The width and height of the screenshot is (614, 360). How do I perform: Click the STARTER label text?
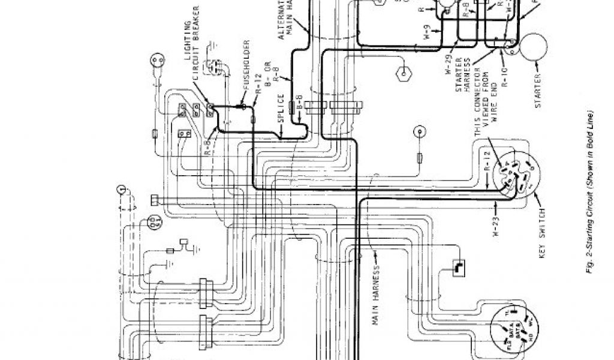[x=538, y=91]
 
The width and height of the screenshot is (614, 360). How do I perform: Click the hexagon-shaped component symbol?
[x=401, y=76]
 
